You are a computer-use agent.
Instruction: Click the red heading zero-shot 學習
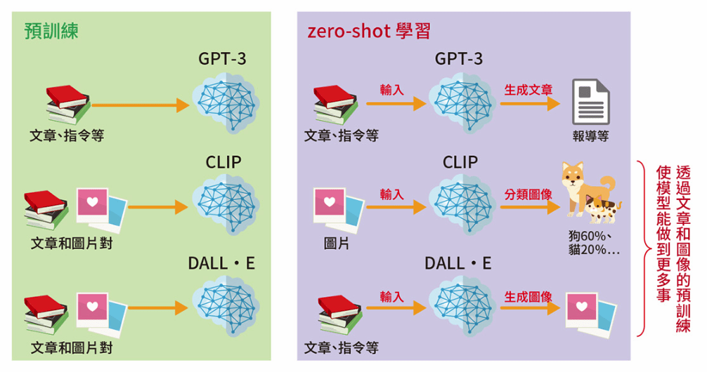pos(369,31)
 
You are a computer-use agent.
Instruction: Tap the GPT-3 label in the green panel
pos(222,59)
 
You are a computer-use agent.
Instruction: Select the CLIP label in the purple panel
pos(460,162)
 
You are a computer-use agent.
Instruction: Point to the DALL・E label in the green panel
pos(221,263)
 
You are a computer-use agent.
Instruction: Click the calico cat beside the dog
pos(604,206)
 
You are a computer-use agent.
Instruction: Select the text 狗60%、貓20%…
pos(595,242)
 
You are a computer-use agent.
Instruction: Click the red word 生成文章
pos(528,91)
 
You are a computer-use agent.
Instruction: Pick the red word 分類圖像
pos(528,194)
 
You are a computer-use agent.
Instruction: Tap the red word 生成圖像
pos(528,297)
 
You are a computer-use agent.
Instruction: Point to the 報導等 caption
pos(590,136)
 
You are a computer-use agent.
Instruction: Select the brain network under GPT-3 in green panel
pos(226,102)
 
